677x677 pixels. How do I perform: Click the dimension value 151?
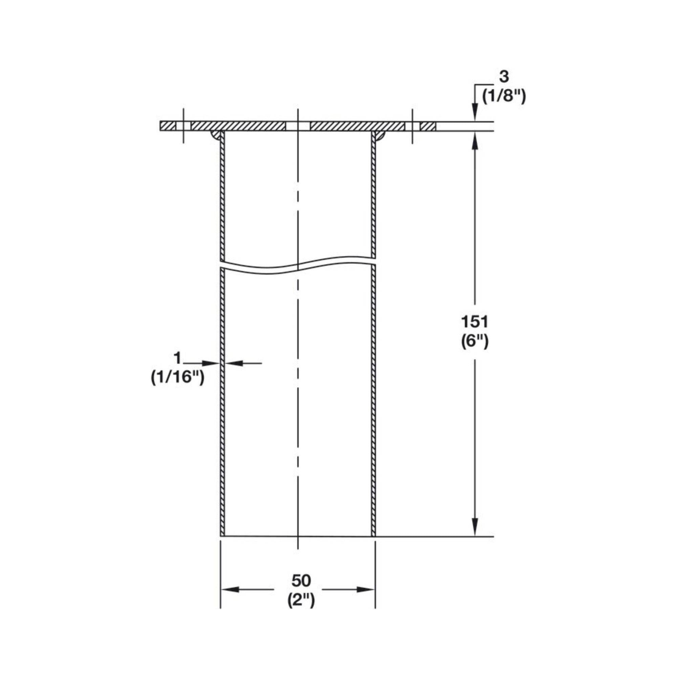474,321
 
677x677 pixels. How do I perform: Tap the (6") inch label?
475,341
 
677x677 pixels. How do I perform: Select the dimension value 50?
301,581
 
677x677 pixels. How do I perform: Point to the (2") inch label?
301,600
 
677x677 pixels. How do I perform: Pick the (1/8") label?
504,96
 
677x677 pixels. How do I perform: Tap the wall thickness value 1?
177,358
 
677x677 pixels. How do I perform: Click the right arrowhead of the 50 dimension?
366,590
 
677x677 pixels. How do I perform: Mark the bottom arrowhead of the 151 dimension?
475,527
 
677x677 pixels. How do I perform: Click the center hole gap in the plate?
298,126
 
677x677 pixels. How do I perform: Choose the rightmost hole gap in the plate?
412,126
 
